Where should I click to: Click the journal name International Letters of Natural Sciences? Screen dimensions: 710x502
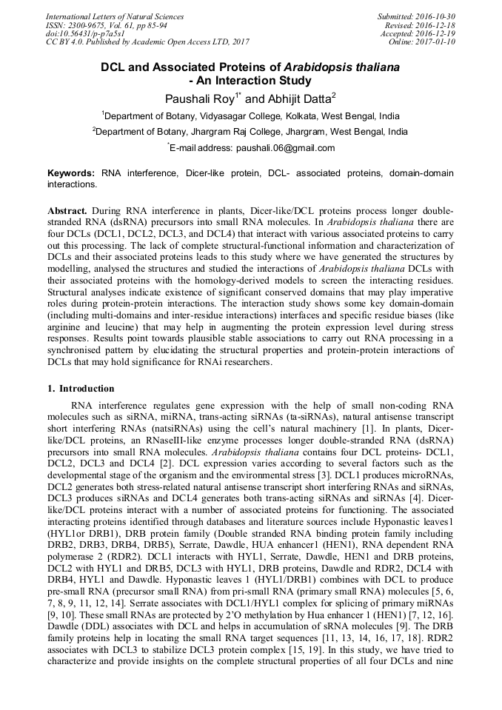[x=115, y=16]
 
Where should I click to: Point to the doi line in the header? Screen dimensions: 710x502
[x=85, y=33]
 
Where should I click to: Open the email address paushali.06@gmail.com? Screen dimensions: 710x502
[x=285, y=148]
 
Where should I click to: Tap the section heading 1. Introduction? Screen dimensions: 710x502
[x=81, y=389]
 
